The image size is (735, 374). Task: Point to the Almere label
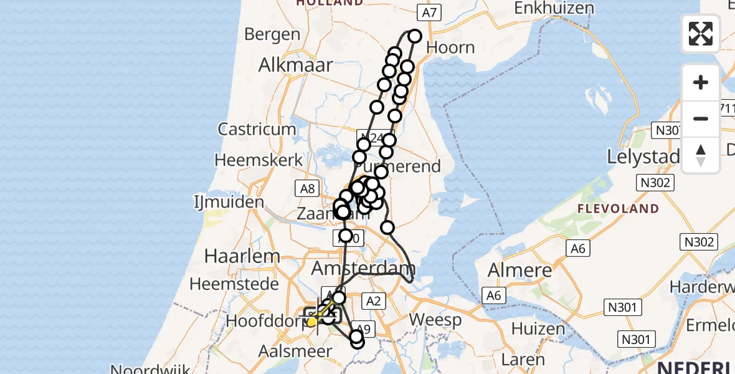click(520, 271)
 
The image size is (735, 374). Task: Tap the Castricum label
click(257, 129)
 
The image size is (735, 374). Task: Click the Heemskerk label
click(258, 160)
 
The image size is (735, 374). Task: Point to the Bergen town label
click(272, 34)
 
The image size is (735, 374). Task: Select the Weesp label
click(436, 321)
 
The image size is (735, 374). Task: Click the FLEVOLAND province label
click(618, 208)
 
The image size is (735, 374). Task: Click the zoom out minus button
click(701, 118)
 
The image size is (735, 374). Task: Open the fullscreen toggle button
click(701, 34)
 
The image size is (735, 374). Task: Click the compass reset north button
click(701, 155)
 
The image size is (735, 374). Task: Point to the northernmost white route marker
click(415, 36)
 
